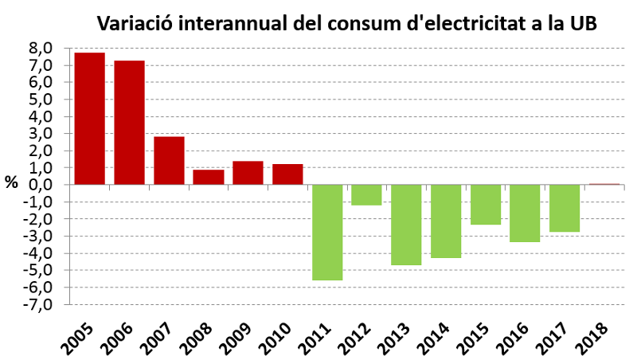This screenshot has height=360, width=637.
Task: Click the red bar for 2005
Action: (89, 119)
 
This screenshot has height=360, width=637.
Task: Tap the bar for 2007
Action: (169, 160)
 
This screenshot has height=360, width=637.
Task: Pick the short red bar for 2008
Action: (209, 177)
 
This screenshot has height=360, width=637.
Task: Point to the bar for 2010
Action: (287, 174)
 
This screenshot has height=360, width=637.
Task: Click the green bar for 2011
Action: (327, 232)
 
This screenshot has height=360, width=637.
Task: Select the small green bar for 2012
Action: (366, 194)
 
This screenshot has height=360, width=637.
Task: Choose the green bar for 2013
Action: (406, 224)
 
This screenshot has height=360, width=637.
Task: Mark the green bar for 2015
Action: (485, 204)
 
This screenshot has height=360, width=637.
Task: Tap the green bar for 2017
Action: (564, 208)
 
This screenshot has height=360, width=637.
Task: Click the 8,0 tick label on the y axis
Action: (41, 48)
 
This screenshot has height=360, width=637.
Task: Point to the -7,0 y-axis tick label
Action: (39, 304)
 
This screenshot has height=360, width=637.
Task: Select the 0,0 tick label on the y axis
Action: (41, 185)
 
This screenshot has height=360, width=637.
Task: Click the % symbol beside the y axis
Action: (11, 182)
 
